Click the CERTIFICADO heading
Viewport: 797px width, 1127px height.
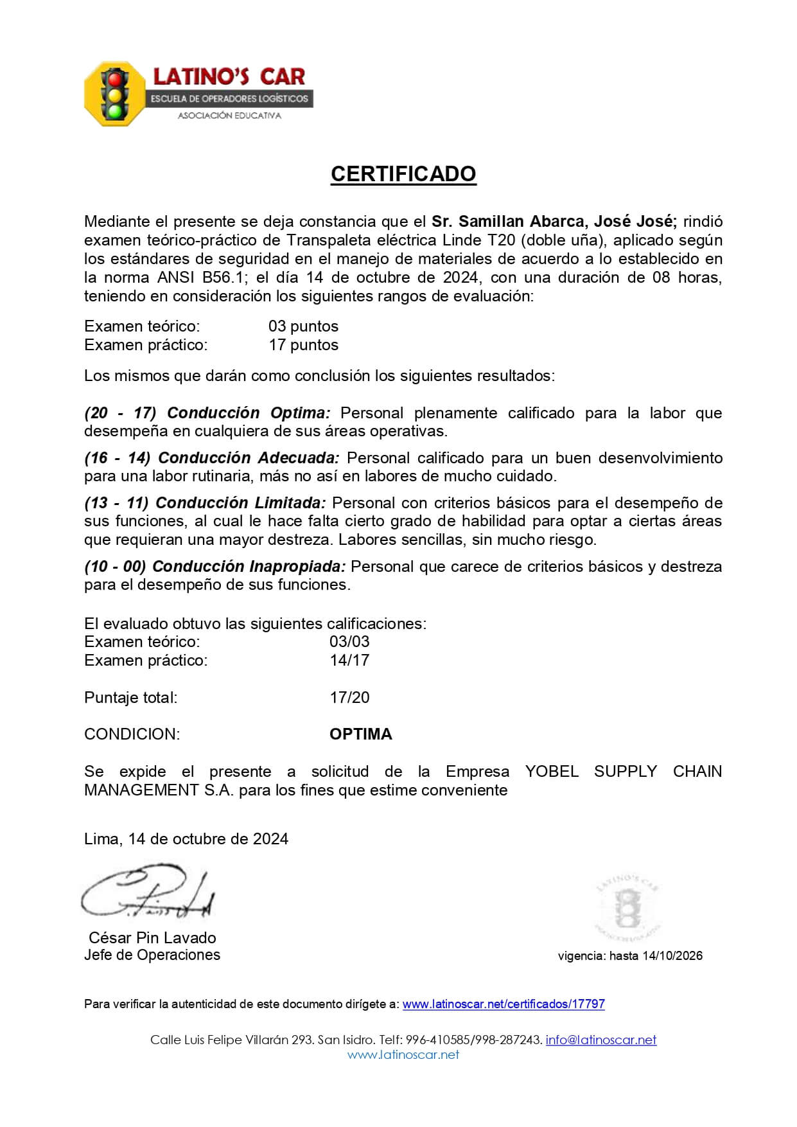[403, 173]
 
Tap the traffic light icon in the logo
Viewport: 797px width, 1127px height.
[115, 94]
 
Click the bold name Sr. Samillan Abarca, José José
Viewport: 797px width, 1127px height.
[554, 222]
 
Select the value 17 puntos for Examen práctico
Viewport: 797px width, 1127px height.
[303, 345]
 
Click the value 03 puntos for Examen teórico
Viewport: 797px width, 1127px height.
[303, 326]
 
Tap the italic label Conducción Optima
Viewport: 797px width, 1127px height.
[249, 413]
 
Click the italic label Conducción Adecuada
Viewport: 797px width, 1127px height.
[248, 457]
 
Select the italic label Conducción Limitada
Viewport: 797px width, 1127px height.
[240, 502]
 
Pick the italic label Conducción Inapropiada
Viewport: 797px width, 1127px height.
[249, 566]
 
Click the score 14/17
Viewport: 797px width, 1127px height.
[349, 660]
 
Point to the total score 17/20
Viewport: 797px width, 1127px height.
[349, 697]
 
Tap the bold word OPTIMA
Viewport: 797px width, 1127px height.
[360, 734]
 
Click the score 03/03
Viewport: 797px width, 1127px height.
[349, 641]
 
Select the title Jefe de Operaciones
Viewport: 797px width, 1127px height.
[152, 955]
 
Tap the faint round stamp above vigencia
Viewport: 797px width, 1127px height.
[627, 908]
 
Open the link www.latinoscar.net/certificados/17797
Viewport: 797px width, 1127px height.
[504, 1004]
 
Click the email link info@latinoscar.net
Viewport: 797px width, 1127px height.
[601, 1040]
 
